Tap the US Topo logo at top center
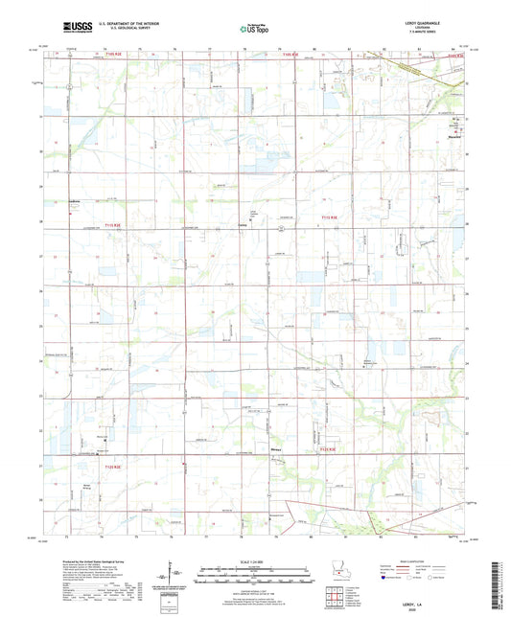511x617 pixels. pos(254,31)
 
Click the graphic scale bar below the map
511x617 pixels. pos(254,575)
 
